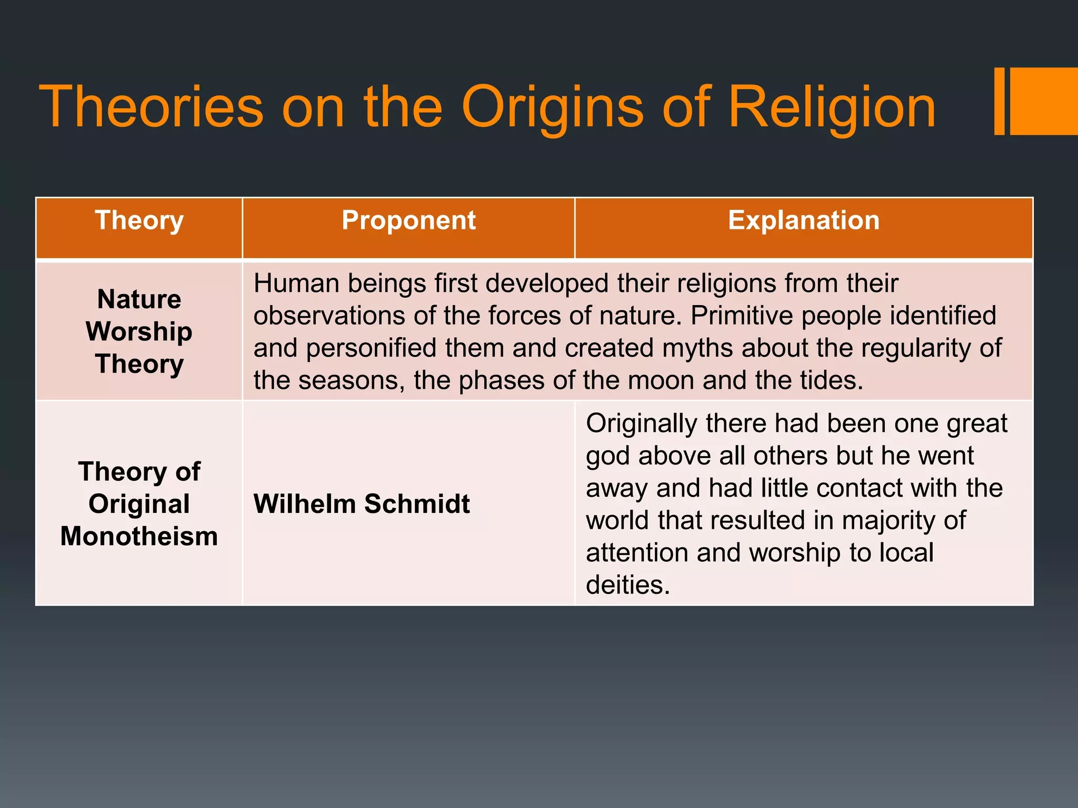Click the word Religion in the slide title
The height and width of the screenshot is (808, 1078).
click(832, 108)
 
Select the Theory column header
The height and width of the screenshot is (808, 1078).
click(139, 221)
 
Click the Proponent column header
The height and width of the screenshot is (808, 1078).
click(408, 221)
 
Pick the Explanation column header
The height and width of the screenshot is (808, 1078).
click(803, 221)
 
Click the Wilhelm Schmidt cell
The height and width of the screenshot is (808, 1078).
click(361, 504)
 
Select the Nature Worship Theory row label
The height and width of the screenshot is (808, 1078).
click(139, 331)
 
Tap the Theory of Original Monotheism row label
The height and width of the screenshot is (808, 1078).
click(139, 504)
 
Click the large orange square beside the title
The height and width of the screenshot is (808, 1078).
click(1043, 101)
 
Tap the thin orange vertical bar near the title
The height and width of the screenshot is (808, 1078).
click(999, 101)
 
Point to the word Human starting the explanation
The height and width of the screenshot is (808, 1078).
click(295, 284)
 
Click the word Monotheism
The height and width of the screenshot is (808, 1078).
click(139, 537)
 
